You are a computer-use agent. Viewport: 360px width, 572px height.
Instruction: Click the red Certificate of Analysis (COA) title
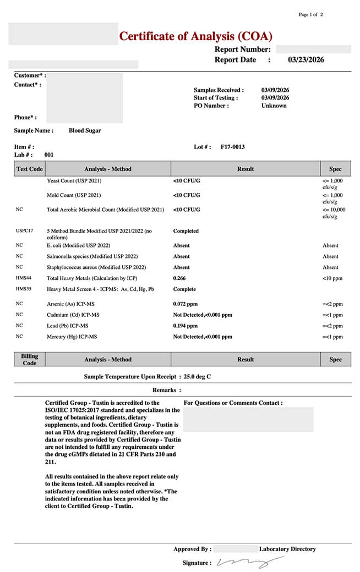[195, 37]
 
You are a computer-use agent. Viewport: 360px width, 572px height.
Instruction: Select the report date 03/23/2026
[306, 60]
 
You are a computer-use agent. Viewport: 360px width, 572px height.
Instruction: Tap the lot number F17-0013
[232, 147]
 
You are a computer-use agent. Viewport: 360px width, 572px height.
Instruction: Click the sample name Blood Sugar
[85, 131]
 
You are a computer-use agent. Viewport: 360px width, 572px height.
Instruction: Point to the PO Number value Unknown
[274, 106]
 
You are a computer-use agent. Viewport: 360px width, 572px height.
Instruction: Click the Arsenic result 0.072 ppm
[185, 304]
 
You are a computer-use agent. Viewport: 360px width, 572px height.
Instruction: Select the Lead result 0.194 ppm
[185, 326]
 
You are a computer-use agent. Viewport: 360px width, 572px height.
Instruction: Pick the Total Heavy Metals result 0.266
[179, 278]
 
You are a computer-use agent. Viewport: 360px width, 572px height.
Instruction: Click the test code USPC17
[25, 231]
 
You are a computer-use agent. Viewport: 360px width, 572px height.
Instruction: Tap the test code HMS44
[24, 278]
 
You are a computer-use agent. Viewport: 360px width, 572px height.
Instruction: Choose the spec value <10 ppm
[332, 278]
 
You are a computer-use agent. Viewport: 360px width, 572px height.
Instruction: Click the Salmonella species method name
[92, 256]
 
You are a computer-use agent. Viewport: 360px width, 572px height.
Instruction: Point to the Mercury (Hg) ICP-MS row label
[72, 337]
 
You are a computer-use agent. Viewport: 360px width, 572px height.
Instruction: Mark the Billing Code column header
[29, 360]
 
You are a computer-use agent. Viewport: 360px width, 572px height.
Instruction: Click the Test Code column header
[29, 169]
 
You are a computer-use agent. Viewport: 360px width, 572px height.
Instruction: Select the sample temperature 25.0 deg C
[197, 377]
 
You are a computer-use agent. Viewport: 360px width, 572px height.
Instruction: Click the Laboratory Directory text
[287, 549]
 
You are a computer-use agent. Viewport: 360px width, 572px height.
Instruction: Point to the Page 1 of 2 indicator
[310, 15]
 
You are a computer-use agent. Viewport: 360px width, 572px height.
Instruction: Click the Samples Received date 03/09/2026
[275, 90]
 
